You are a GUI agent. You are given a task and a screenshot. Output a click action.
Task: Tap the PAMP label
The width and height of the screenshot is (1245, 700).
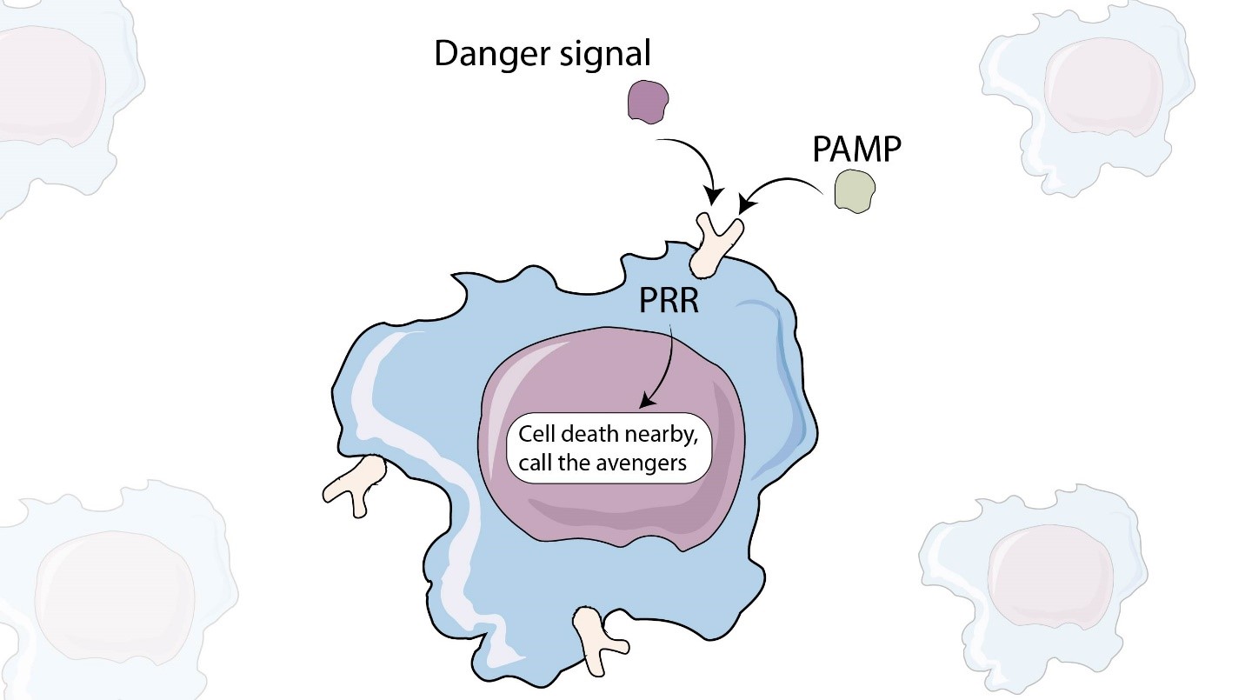point(856,151)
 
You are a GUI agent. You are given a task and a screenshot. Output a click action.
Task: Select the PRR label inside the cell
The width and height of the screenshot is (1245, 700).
point(669,305)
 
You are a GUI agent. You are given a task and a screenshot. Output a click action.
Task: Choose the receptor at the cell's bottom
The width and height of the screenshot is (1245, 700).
point(600,639)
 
